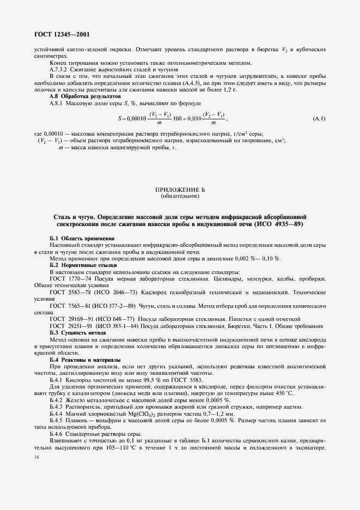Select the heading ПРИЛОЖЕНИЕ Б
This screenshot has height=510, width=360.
(x=180, y=189)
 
